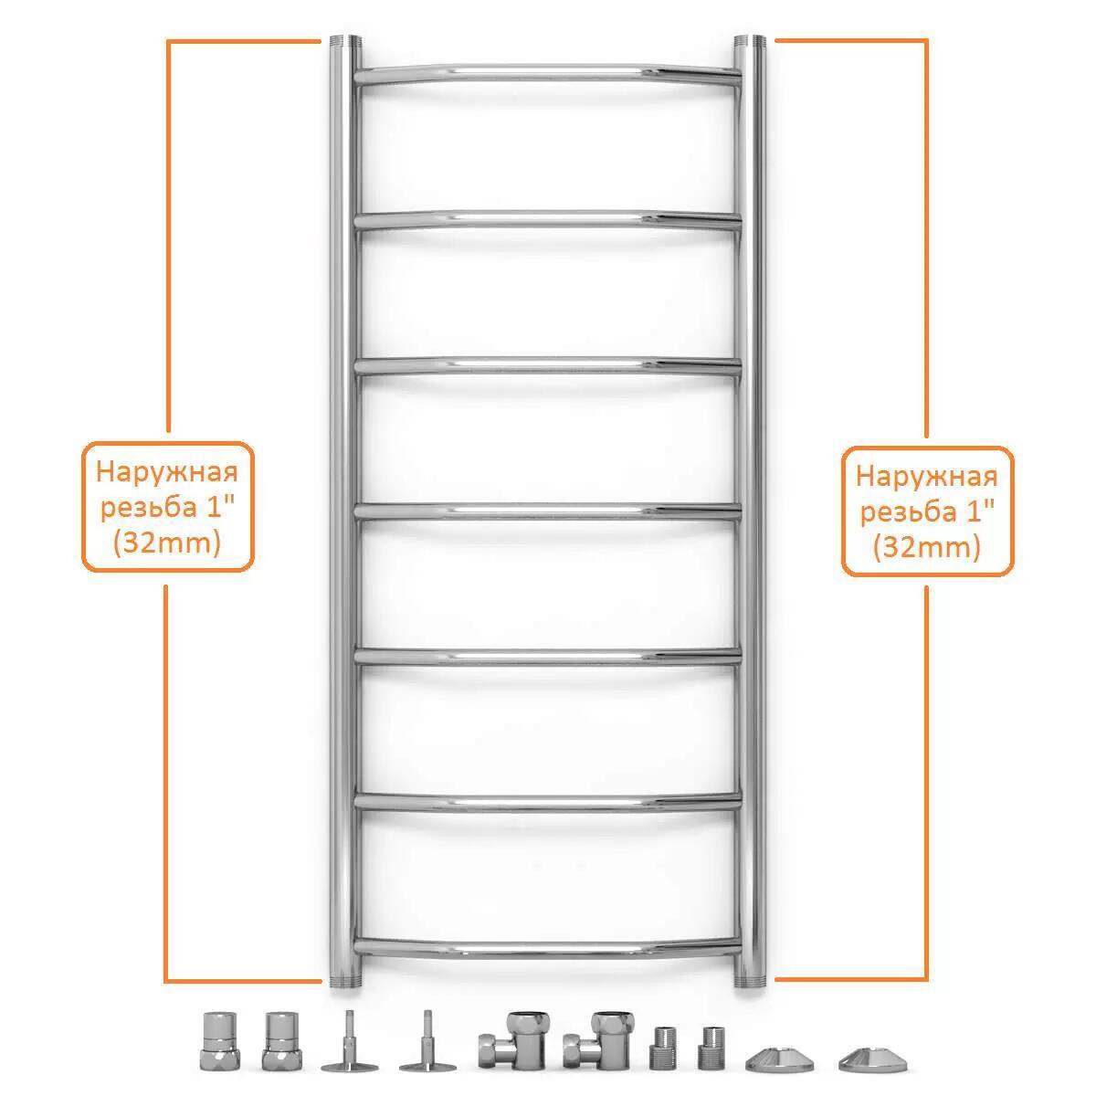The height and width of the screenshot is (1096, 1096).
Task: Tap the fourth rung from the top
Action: (547, 511)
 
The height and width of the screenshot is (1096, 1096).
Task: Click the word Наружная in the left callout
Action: (166, 472)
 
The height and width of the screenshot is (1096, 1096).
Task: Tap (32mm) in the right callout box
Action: (926, 548)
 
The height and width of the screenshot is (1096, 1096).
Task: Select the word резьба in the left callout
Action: (149, 508)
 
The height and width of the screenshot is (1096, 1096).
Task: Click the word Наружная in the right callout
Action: (926, 477)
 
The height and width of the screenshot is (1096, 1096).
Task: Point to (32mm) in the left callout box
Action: (166, 543)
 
